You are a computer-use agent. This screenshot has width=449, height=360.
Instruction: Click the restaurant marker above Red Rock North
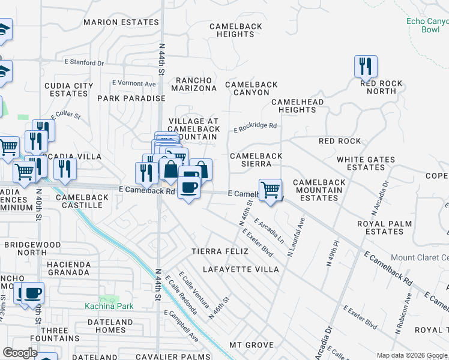[x=366, y=67]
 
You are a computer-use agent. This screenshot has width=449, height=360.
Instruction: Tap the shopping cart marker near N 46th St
[x=271, y=191]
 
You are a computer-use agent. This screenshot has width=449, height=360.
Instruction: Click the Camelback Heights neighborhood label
[x=232, y=30]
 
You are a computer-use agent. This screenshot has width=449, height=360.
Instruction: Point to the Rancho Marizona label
[x=195, y=84]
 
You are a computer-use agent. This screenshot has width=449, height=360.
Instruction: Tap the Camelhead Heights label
[x=297, y=106]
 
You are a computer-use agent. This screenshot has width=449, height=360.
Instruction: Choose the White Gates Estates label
[x=366, y=163]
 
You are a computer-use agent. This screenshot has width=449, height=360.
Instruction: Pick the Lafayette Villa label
[x=241, y=269]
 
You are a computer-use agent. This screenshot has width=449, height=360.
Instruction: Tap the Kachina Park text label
[x=109, y=306]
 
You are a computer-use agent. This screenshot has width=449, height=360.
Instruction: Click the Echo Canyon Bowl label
[x=427, y=25]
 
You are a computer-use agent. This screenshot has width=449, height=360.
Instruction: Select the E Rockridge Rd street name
[x=255, y=127]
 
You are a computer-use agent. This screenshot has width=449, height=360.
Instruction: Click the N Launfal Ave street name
[x=297, y=237]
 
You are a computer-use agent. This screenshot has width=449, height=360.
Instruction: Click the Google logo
[x=20, y=353]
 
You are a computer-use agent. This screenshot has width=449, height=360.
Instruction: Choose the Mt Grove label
[x=252, y=346]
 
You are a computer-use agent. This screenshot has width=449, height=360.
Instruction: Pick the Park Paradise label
[x=131, y=98]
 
